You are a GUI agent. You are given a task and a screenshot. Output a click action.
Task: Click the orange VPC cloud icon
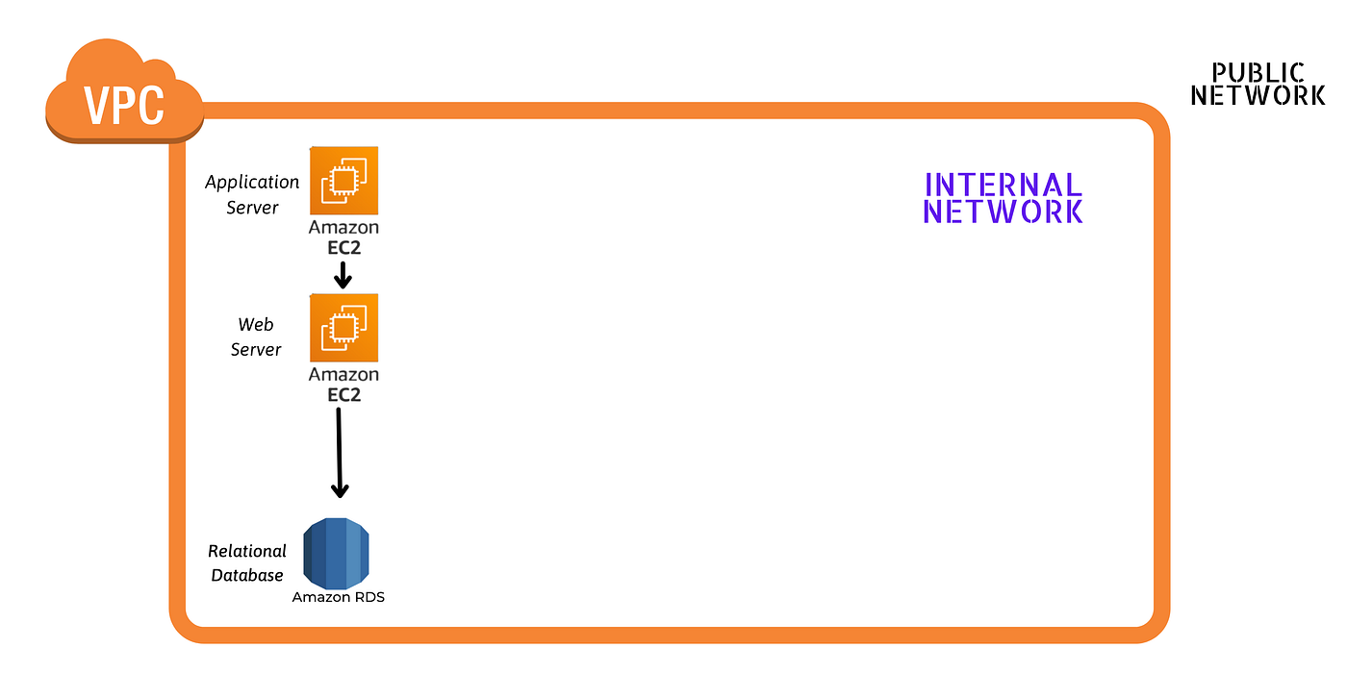(x=124, y=97)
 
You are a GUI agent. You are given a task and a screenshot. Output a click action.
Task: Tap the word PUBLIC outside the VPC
(x=1258, y=73)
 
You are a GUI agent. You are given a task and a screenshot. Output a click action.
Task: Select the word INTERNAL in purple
(x=1003, y=185)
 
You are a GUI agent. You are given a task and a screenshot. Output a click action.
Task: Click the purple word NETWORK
(x=1003, y=212)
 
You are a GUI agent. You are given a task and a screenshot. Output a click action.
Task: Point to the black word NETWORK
(x=1258, y=95)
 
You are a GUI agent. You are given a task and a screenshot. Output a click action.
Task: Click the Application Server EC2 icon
(x=343, y=181)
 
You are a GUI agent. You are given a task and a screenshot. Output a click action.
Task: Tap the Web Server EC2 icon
(x=343, y=328)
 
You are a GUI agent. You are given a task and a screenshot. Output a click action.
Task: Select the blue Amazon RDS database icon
(x=337, y=553)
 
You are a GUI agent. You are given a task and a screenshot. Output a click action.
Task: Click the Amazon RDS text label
(x=339, y=597)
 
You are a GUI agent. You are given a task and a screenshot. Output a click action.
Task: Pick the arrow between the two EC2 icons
(x=342, y=275)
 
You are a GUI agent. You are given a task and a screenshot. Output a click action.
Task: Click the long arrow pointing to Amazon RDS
(x=339, y=452)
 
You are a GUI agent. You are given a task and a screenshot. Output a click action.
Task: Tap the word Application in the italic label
(x=252, y=182)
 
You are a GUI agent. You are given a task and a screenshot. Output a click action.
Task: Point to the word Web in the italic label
(x=256, y=325)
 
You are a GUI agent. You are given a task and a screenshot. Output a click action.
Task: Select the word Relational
(x=247, y=551)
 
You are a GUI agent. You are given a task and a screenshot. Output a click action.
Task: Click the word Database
(x=247, y=575)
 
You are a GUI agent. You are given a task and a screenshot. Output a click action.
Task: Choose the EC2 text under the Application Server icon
(x=343, y=247)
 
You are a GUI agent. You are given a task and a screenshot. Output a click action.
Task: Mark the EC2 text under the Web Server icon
(x=343, y=394)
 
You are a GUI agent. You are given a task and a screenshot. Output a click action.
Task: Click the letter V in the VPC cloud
(x=96, y=105)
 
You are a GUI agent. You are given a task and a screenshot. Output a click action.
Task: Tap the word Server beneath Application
(x=252, y=207)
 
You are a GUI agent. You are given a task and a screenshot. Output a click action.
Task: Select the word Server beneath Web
(x=256, y=349)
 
